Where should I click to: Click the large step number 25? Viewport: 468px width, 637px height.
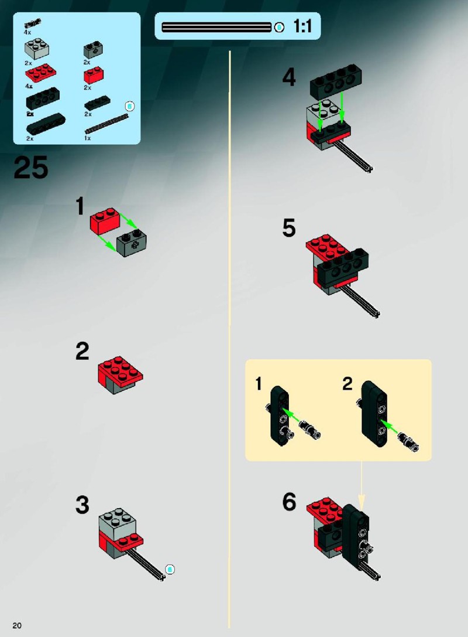(31, 168)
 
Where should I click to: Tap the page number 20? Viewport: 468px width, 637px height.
(17, 625)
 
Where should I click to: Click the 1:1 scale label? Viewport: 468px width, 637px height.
(302, 26)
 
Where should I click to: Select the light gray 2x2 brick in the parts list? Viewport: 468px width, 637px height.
(36, 48)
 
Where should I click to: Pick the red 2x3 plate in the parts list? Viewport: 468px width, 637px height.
(40, 73)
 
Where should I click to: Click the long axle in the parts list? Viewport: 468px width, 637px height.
(106, 124)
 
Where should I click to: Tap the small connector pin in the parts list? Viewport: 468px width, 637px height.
(32, 23)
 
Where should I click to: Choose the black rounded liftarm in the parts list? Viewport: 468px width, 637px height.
(46, 123)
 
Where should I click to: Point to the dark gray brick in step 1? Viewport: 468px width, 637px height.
(132, 243)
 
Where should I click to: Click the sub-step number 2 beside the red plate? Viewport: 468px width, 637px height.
(82, 351)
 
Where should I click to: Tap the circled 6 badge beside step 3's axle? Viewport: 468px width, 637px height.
(170, 569)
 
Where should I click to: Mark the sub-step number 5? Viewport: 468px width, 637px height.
(289, 227)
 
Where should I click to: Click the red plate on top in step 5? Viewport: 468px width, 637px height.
(328, 247)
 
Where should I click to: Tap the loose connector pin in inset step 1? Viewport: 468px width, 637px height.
(309, 430)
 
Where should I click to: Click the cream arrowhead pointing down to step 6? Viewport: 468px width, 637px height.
(362, 499)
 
